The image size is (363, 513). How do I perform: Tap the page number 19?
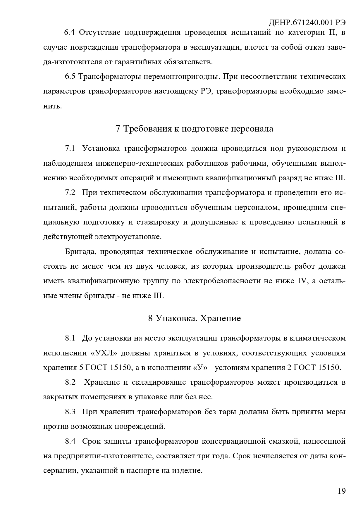[341, 491]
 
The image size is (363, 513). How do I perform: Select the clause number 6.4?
[70, 32]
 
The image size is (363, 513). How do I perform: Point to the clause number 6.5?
[70, 77]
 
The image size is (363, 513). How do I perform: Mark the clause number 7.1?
[70, 148]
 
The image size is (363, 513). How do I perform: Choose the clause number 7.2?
[70, 193]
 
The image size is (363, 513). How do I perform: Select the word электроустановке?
[128, 237]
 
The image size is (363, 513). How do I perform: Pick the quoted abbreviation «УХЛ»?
[104, 353]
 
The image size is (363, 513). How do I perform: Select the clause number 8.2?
[70, 382]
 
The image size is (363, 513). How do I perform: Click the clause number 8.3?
[70, 412]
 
